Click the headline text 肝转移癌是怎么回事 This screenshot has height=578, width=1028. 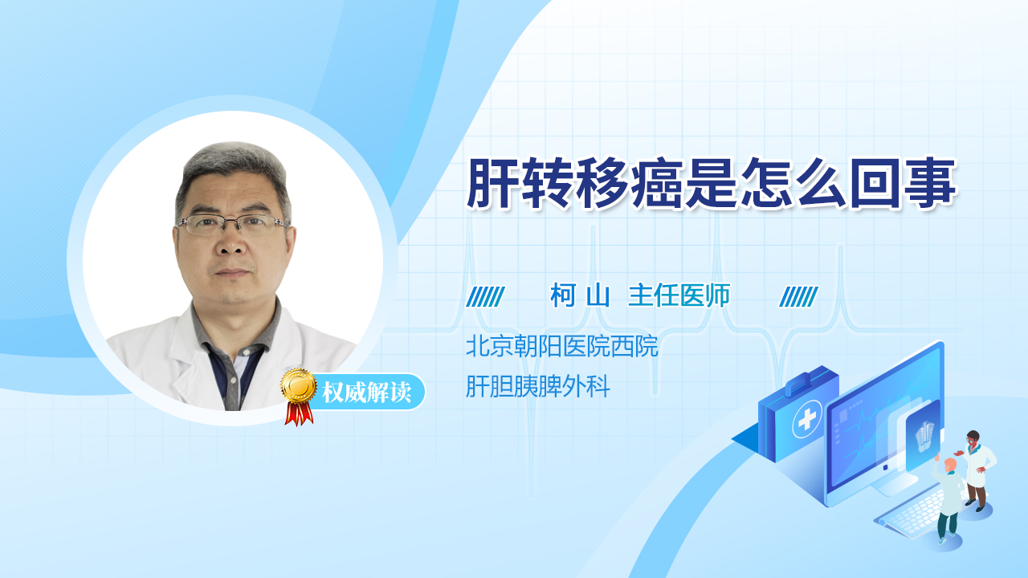(x=712, y=183)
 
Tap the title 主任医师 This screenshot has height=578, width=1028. (x=679, y=295)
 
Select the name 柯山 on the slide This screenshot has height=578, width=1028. (x=580, y=295)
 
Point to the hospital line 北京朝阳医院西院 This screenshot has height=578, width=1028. (x=561, y=346)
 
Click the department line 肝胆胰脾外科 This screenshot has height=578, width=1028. (x=538, y=386)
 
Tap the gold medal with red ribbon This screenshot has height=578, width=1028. (x=299, y=397)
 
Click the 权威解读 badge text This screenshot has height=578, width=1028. (x=366, y=393)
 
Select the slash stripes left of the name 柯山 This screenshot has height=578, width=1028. (x=485, y=297)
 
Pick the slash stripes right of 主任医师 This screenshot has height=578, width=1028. (x=798, y=297)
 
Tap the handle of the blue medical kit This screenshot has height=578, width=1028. (x=803, y=381)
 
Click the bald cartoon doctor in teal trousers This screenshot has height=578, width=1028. (x=947, y=500)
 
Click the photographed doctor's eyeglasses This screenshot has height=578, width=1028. (x=233, y=224)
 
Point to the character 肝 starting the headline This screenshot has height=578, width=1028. (x=494, y=183)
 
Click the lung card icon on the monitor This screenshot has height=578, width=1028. (x=923, y=433)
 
